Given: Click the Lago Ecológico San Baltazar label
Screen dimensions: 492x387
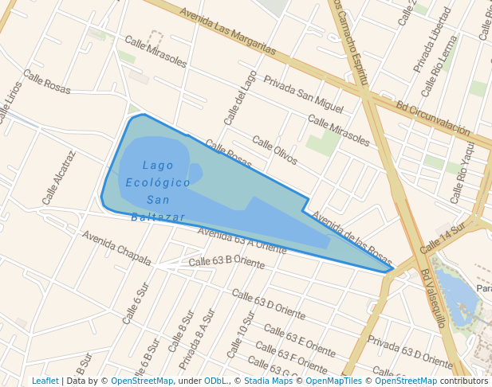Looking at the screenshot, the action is [158, 191].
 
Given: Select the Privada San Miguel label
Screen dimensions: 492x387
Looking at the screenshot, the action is [303, 93].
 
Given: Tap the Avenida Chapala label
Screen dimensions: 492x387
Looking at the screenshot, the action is [116, 248].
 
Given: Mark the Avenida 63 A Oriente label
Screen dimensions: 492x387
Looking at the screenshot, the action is [242, 240].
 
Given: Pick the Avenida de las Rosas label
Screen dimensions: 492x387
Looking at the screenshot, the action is [352, 239].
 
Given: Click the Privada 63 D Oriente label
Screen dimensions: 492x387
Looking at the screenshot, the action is [410, 351].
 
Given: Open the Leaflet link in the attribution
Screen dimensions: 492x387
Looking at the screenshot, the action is [45, 381].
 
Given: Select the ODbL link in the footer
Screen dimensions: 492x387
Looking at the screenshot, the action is [215, 381].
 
